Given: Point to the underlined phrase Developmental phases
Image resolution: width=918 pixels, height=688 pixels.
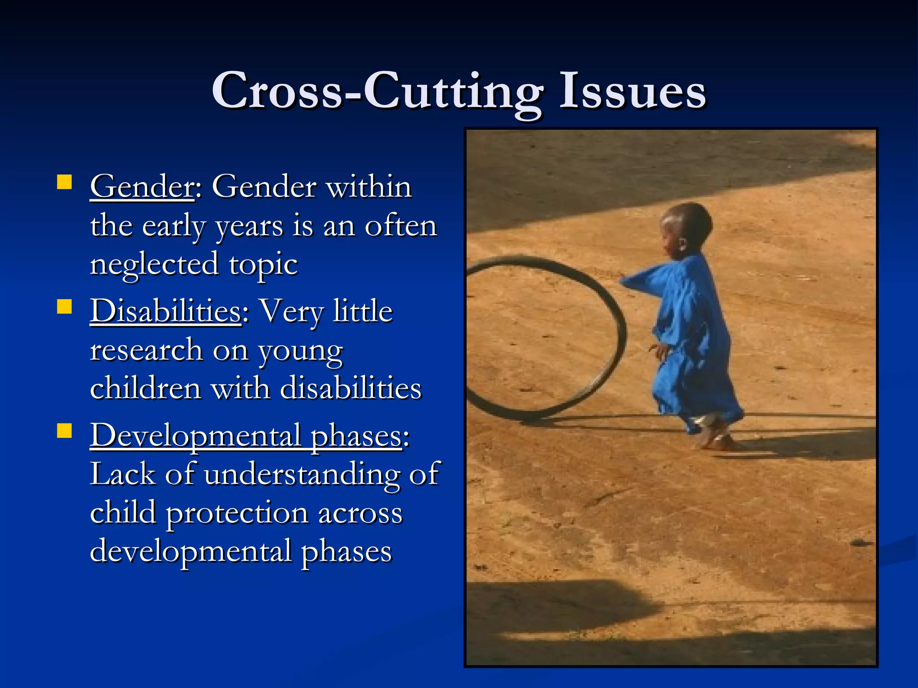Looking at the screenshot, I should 246,435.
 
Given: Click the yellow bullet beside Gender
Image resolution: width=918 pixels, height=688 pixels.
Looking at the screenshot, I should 65,182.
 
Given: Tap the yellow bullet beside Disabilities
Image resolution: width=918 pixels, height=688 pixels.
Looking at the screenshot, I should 65,307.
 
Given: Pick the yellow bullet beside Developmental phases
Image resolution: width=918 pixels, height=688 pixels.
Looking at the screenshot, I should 65,431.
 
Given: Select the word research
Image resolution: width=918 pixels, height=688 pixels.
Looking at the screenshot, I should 146,350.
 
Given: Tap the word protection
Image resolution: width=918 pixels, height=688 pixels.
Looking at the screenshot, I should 237,513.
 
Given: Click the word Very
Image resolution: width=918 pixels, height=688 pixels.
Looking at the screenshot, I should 291,312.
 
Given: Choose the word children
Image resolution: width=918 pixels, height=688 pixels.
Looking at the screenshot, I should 145,388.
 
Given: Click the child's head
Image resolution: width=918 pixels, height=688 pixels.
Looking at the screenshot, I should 686,228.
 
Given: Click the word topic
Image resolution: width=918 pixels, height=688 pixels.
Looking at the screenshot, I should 263,264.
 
